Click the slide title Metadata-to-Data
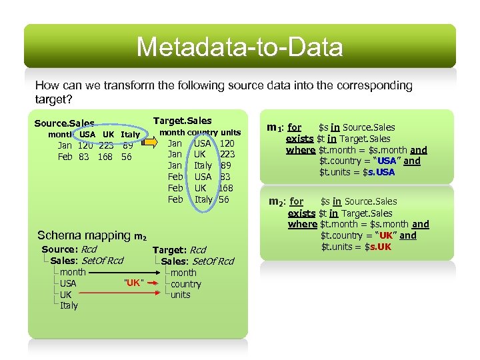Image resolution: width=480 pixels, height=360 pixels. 240,47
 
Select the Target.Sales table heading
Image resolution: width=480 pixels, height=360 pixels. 182,121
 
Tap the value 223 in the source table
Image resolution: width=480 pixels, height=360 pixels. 105,145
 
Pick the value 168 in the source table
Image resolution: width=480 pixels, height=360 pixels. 105,157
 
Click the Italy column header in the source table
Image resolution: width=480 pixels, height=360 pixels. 130,134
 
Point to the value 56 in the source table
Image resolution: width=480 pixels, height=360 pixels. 127,157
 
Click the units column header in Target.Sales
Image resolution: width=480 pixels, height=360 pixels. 231,132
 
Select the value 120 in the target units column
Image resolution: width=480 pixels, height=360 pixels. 227,143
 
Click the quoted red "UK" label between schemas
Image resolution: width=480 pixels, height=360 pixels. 133,283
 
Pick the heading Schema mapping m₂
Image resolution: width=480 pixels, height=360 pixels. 91,235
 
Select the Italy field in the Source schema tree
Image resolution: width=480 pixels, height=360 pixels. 69,305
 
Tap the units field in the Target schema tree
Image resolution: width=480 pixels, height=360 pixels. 181,295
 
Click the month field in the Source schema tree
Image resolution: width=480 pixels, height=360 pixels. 73,272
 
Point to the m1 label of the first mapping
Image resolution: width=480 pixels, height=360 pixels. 275,127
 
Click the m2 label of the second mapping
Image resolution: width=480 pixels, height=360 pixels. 277,201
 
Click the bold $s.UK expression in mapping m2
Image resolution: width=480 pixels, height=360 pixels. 379,247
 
